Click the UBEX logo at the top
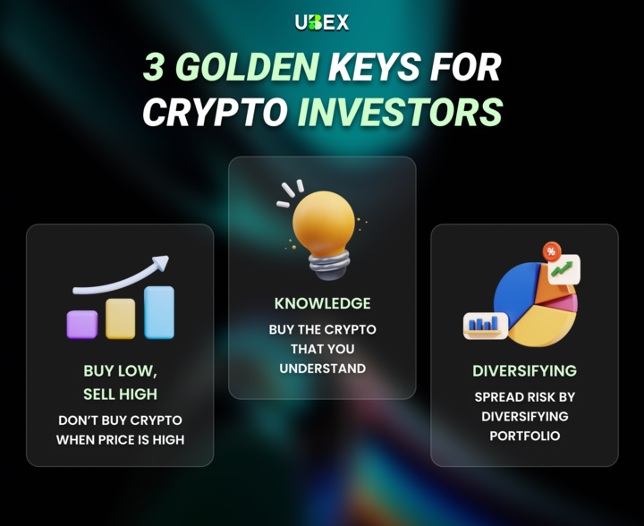point(322,22)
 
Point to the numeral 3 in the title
point(154,68)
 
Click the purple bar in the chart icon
point(81,323)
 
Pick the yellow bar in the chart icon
point(120,318)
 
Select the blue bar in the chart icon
point(159,311)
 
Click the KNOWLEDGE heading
point(322,303)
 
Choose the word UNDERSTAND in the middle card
point(322,368)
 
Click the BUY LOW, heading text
point(120,371)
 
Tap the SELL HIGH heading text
point(120,394)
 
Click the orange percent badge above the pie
point(551,251)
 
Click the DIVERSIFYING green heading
point(524,370)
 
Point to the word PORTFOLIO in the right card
point(524,436)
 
